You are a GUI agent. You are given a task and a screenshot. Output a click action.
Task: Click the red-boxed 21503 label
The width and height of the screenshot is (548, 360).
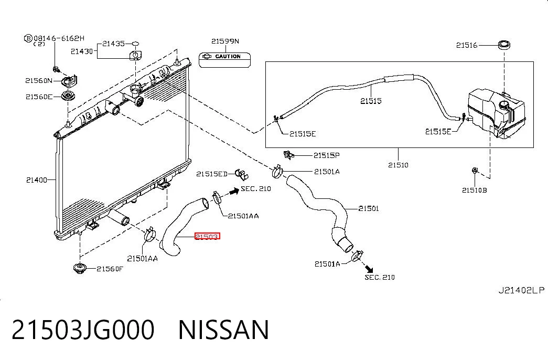[207, 237]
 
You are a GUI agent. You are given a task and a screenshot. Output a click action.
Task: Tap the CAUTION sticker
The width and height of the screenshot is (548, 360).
[225, 60]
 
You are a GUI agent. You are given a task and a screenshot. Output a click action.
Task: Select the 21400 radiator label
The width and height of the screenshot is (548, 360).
[37, 180]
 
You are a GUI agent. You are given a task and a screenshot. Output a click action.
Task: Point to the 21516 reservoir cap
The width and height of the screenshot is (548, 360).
[503, 45]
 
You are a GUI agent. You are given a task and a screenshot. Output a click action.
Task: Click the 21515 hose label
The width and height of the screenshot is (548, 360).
[371, 101]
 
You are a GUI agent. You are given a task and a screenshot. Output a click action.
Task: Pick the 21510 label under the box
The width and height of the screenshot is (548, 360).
[398, 164]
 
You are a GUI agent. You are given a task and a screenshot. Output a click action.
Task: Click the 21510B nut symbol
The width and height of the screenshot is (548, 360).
[475, 171]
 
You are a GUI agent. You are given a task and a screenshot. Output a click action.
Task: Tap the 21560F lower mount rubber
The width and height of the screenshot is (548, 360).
[80, 268]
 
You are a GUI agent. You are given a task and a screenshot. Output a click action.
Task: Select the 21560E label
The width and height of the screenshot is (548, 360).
[39, 97]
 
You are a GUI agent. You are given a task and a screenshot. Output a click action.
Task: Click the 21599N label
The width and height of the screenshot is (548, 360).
[225, 41]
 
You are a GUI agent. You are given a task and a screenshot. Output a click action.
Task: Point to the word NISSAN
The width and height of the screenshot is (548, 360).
[224, 330]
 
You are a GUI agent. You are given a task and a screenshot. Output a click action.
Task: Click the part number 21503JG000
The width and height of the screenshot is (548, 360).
[83, 330]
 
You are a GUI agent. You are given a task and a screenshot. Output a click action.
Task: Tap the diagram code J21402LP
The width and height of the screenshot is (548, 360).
[521, 290]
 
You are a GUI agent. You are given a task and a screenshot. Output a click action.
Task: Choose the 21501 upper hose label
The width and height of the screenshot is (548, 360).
[368, 208]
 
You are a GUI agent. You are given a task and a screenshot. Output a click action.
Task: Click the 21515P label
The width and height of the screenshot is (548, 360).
[326, 155]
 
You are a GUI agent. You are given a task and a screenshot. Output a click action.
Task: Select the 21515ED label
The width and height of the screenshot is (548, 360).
[212, 174]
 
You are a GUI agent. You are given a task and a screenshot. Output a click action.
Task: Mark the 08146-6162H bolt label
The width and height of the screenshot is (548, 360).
[59, 38]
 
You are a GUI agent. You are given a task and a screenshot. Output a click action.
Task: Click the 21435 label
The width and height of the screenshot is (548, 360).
[113, 44]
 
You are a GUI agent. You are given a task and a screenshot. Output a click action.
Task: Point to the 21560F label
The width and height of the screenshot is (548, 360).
[110, 269]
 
